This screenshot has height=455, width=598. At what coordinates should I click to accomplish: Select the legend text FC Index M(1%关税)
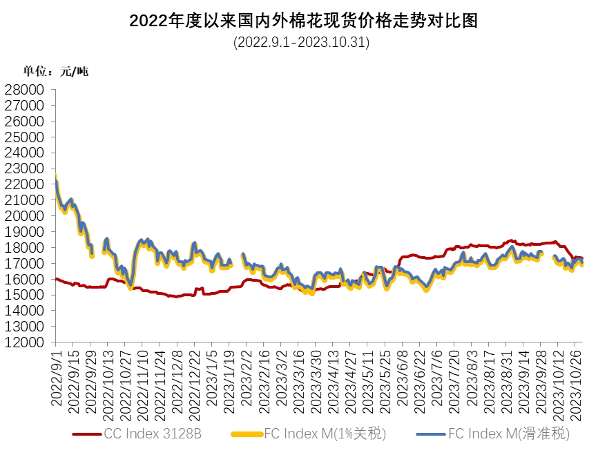[x=324, y=434]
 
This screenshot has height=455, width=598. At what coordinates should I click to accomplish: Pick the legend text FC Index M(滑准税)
[x=508, y=434]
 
